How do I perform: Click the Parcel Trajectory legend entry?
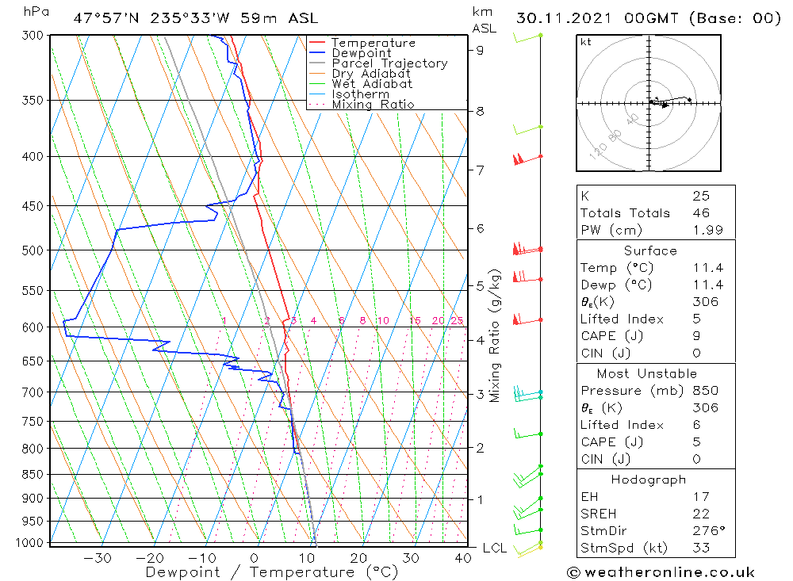tap(389, 63)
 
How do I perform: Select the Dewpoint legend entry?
tap(361, 53)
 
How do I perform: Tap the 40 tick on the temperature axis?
tap(463, 558)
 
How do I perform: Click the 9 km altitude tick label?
tap(481, 50)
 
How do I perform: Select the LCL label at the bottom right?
tap(495, 548)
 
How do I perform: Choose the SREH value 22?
tap(701, 514)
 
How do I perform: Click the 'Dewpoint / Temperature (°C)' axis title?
tap(271, 572)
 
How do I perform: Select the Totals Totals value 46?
tap(701, 212)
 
